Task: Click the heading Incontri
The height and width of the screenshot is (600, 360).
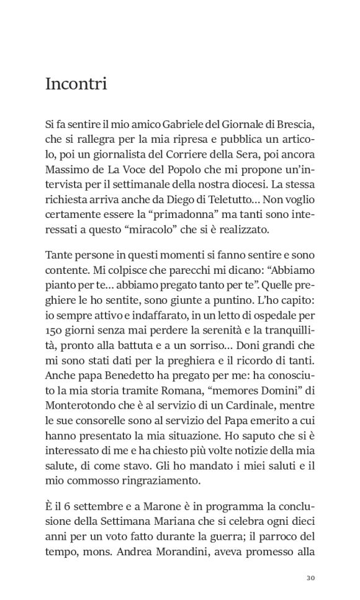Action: [x=76, y=84]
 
